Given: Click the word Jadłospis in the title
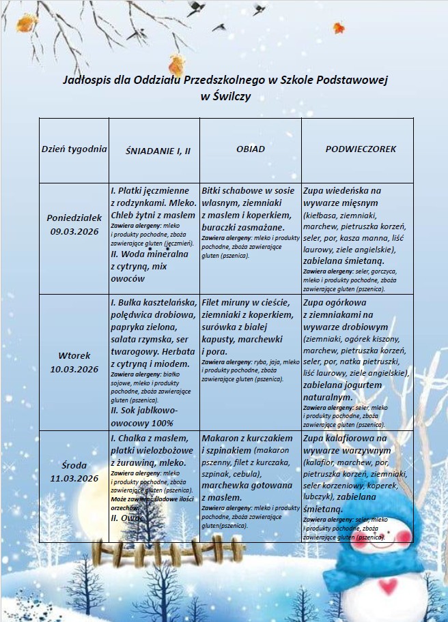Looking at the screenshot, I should (85, 80).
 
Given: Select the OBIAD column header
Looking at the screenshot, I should (250, 149).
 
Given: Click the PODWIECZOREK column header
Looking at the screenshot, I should (361, 149).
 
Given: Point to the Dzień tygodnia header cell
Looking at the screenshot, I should (74, 149).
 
